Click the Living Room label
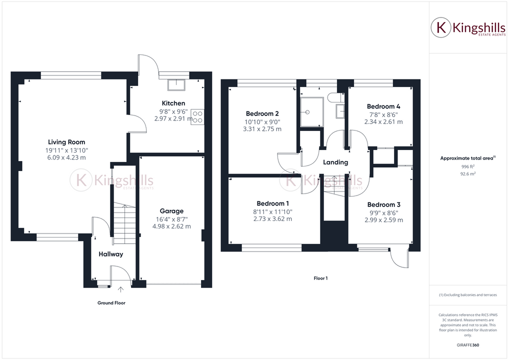pyautogui.click(x=66, y=142)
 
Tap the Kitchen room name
pyautogui.click(x=162, y=103)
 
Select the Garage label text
pyautogui.click(x=171, y=211)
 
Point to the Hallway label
pyautogui.click(x=110, y=254)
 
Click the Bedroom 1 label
pyautogui.click(x=273, y=203)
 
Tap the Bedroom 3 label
pyautogui.click(x=383, y=204)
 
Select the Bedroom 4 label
pyautogui.click(x=383, y=106)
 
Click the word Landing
pyautogui.click(x=335, y=162)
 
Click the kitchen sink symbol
pyautogui.click(x=176, y=85)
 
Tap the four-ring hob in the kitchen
pyautogui.click(x=197, y=116)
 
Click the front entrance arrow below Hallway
pyautogui.click(x=120, y=289)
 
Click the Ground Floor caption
pyautogui.click(x=111, y=303)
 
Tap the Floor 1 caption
pyautogui.click(x=320, y=278)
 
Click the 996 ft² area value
pyautogui.click(x=468, y=166)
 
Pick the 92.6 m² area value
pyautogui.click(x=468, y=174)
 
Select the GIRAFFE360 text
pyautogui.click(x=468, y=344)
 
